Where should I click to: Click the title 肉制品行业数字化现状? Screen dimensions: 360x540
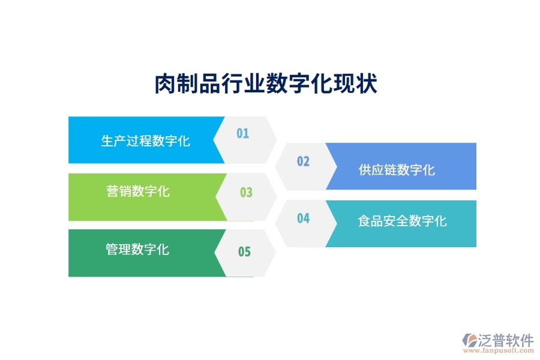(x=266, y=85)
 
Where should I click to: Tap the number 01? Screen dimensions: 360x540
(x=242, y=133)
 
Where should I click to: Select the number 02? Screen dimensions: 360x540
(x=303, y=161)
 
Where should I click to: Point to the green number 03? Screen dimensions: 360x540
(x=246, y=193)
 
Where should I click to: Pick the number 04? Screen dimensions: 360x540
(x=303, y=218)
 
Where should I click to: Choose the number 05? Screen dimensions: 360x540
(x=244, y=252)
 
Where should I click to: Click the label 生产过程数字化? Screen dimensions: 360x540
(x=145, y=141)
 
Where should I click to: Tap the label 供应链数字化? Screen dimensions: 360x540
(x=397, y=170)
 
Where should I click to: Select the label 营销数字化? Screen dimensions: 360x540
(x=138, y=191)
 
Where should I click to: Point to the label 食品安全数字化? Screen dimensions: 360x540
(x=402, y=221)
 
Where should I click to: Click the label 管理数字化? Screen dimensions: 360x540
(x=137, y=249)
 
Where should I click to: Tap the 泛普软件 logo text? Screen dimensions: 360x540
(x=507, y=340)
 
